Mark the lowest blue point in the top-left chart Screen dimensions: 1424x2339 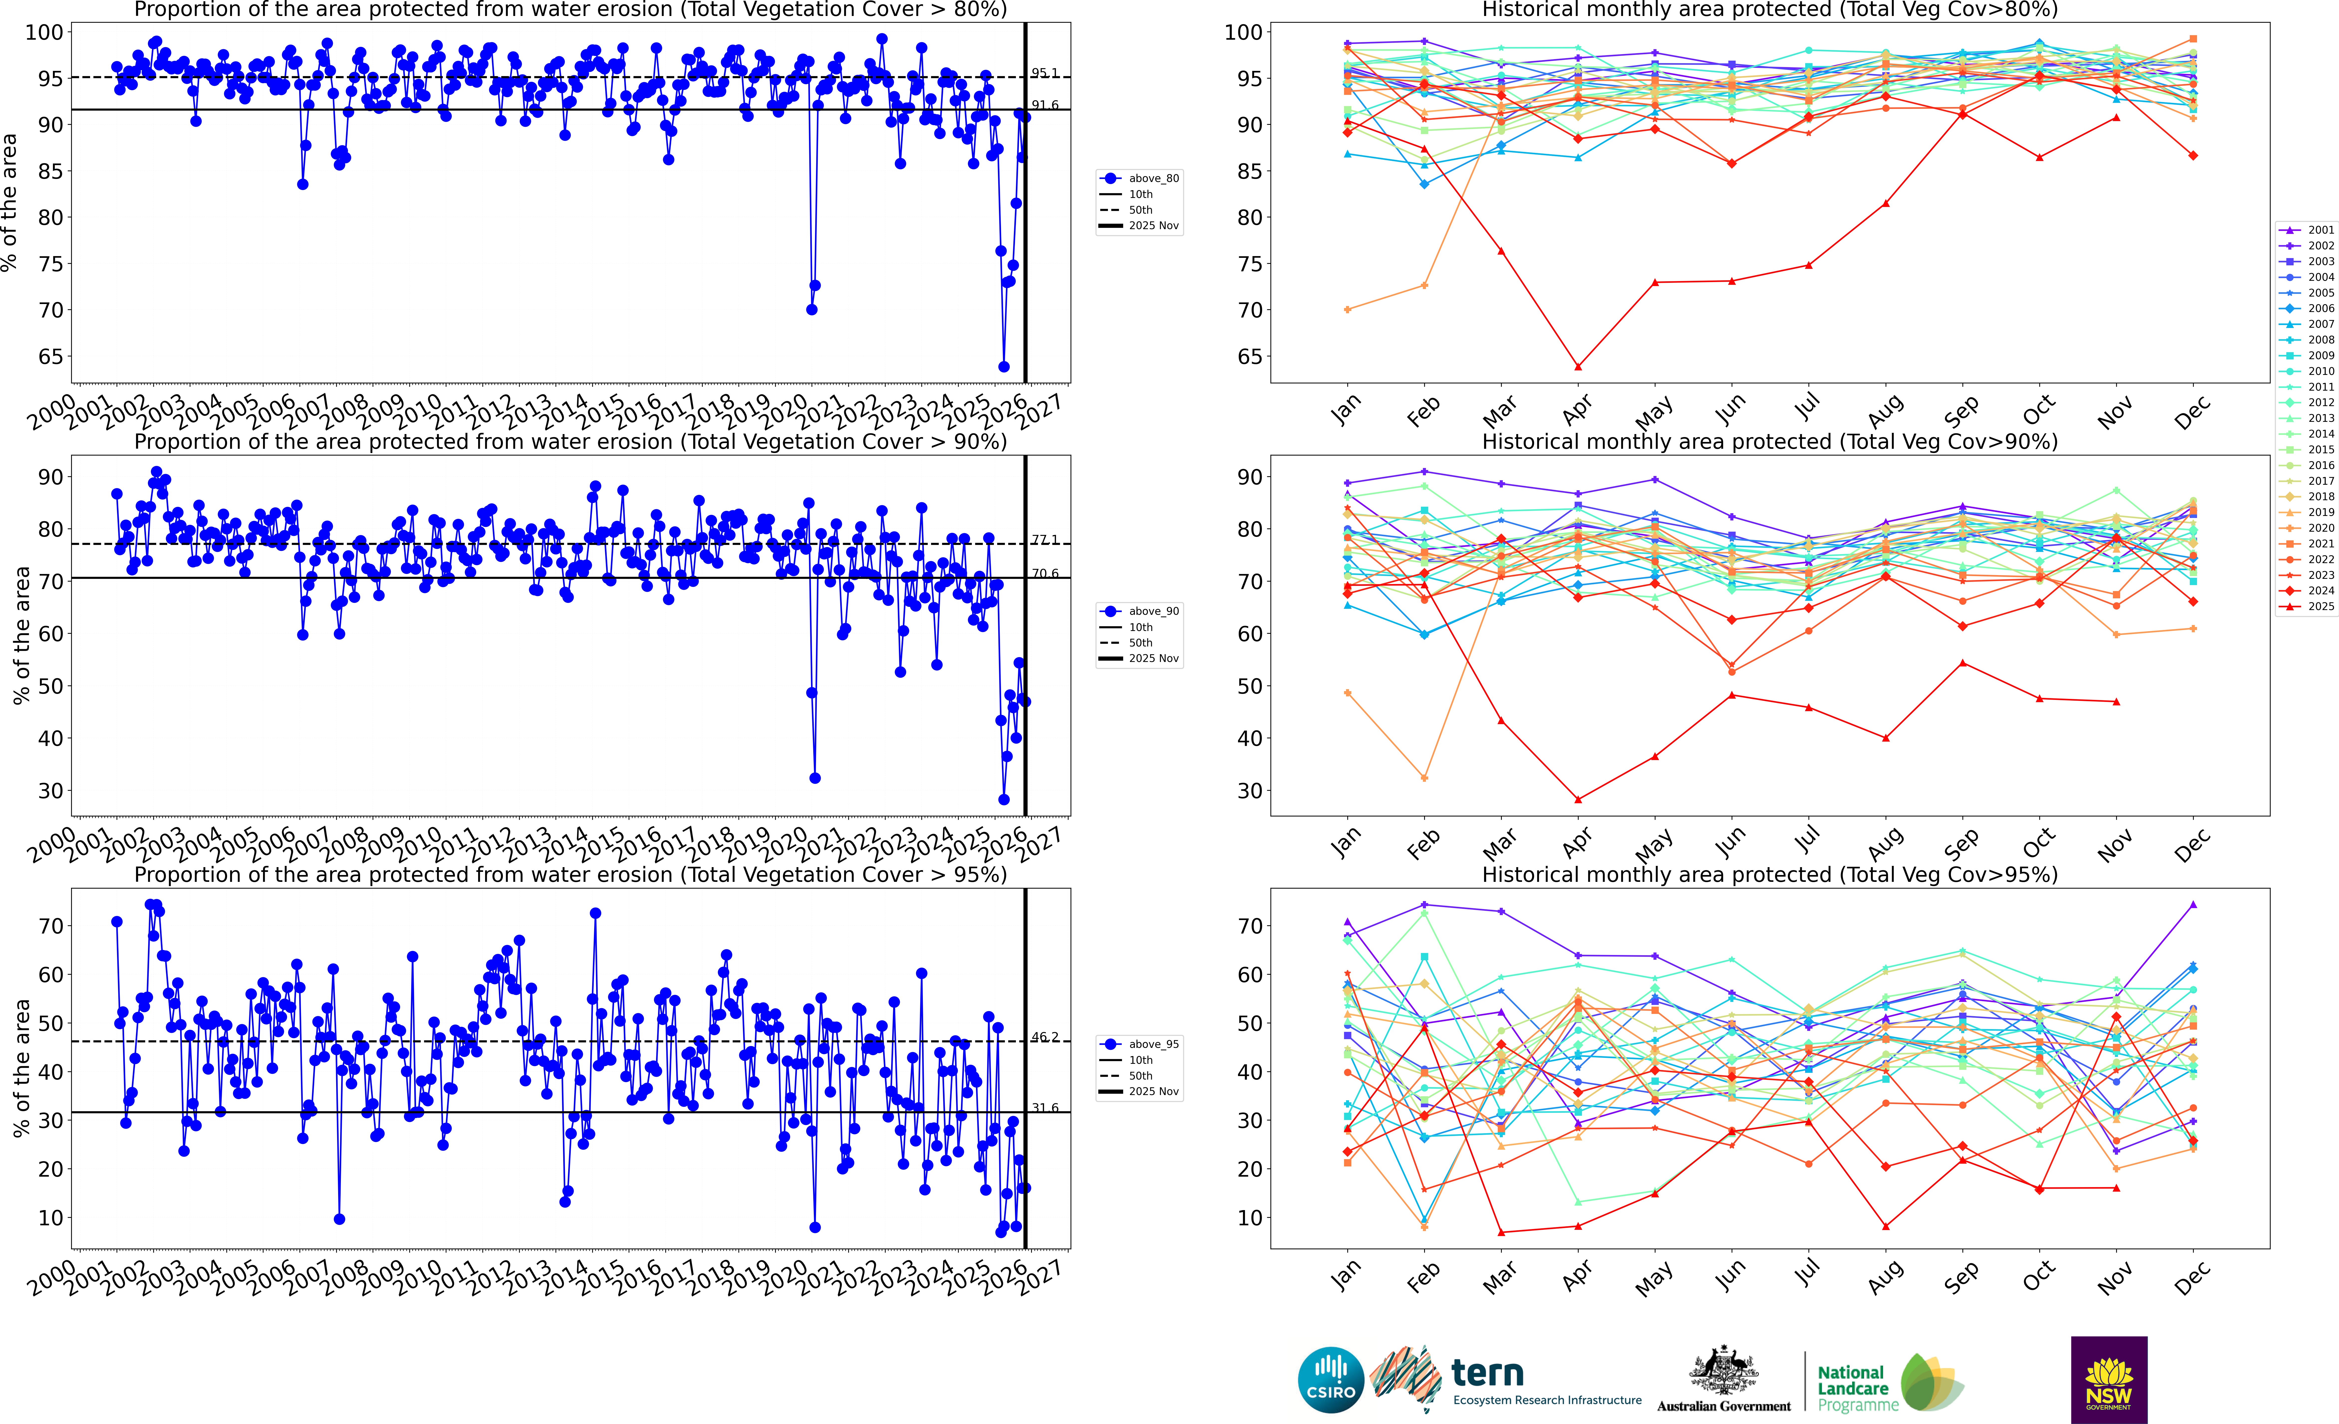tap(1003, 366)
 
